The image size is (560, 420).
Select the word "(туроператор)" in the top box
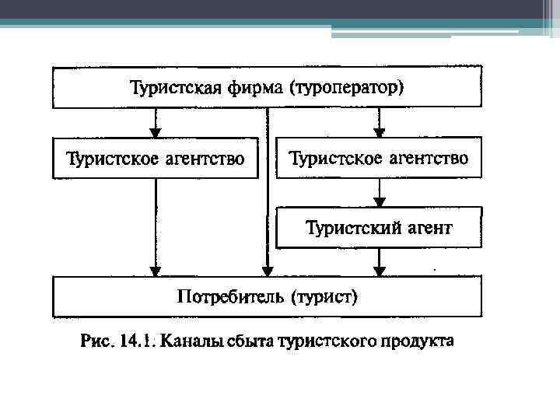coord(347,87)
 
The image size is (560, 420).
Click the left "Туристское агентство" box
coord(155,158)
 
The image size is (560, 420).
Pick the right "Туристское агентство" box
coord(379,158)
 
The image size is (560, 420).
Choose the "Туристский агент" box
coord(379,228)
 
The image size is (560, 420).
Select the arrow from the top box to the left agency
coord(156,122)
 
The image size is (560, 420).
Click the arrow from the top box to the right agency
coord(379,122)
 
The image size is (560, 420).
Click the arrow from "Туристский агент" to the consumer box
coord(379,262)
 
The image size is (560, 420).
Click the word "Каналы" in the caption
coord(191,341)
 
